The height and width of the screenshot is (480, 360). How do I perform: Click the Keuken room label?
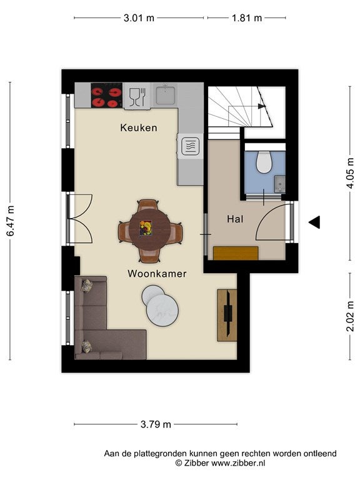pyautogui.click(x=139, y=127)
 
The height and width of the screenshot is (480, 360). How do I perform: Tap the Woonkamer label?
pyautogui.click(x=157, y=273)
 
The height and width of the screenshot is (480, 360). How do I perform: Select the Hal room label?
pyautogui.click(x=235, y=219)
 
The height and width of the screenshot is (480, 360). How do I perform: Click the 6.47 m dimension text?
pyautogui.click(x=11, y=221)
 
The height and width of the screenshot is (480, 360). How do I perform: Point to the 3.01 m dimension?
pyautogui.click(x=139, y=17)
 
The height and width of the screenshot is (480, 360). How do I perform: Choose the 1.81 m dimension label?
pyautogui.click(x=247, y=17)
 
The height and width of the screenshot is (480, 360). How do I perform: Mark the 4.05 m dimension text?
pyautogui.click(x=351, y=173)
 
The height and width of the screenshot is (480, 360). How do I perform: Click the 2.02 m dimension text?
pyautogui.click(x=351, y=316)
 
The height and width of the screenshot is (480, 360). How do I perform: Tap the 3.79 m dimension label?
pyautogui.click(x=156, y=424)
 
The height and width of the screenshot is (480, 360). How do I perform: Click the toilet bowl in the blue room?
pyautogui.click(x=264, y=161)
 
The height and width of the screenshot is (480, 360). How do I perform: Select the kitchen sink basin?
pyautogui.click(x=166, y=95)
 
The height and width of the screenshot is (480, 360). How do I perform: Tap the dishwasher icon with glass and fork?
pyautogui.click(x=137, y=96)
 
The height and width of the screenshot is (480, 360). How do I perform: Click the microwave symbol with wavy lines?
pyautogui.click(x=190, y=146)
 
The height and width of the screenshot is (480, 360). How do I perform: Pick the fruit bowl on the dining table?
pyautogui.click(x=146, y=228)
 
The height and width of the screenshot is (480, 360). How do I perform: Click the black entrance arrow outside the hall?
pyautogui.click(x=314, y=222)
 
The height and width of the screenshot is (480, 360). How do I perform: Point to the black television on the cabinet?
pyautogui.click(x=227, y=314)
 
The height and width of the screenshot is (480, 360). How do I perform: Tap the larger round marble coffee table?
pyautogui.click(x=162, y=310)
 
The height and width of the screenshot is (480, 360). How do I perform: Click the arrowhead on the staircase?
pyautogui.click(x=261, y=106)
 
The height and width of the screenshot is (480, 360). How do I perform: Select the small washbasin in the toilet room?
pyautogui.click(x=280, y=184)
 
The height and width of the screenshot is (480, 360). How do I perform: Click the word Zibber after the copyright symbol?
pyautogui.click(x=196, y=463)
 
